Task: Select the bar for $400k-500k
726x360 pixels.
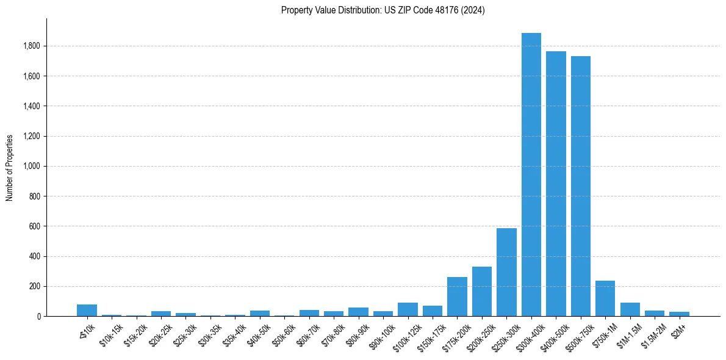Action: click(556, 184)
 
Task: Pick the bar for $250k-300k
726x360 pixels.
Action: click(506, 272)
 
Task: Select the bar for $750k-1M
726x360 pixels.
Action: click(605, 298)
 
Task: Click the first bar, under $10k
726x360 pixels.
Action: click(87, 310)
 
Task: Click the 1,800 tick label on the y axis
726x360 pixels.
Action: click(32, 46)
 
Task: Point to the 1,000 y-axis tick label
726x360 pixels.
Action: click(32, 167)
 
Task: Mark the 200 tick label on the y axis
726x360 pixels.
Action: click(35, 287)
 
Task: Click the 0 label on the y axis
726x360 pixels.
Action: click(38, 317)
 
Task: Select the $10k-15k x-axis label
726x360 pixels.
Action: click(110, 333)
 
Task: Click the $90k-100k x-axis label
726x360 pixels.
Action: click(381, 334)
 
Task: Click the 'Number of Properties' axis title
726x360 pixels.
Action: click(10, 167)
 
